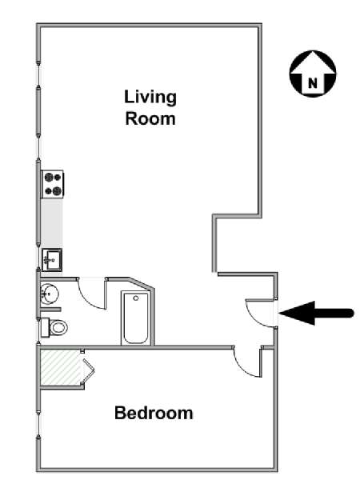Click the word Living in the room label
click(150, 98)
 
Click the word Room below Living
click(150, 118)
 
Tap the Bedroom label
click(154, 413)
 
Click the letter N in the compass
click(313, 83)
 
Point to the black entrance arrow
click(316, 313)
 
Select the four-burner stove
click(53, 184)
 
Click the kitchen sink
click(52, 260)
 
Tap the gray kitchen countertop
click(52, 222)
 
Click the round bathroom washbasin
click(50, 294)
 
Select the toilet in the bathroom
click(54, 327)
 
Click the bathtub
click(136, 318)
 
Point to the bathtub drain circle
click(136, 298)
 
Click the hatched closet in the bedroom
click(62, 367)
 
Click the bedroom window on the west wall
click(38, 425)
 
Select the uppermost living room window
click(38, 74)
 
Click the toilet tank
click(45, 327)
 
